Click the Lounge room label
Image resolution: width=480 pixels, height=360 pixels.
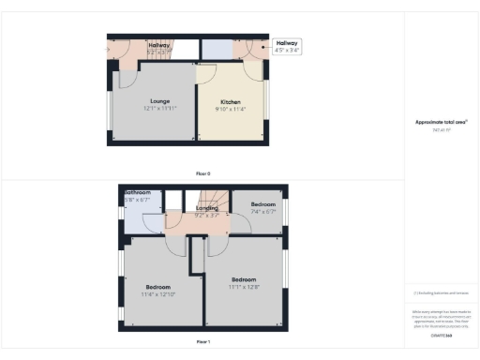[158, 100]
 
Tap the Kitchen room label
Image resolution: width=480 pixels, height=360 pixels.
[231, 101]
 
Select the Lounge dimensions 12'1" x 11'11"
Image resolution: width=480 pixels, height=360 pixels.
[158, 108]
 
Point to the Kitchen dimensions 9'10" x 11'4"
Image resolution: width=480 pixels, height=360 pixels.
[231, 109]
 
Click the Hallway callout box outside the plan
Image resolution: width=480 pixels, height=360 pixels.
[287, 47]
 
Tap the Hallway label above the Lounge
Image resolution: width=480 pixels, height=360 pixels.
[158, 45]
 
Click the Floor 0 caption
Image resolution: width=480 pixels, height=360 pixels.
[202, 173]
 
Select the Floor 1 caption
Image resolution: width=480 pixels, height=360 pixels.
[202, 343]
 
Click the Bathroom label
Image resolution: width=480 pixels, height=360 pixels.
[137, 193]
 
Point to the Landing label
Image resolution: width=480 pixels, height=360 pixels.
[194, 208]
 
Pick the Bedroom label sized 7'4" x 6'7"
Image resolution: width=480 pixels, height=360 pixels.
[263, 204]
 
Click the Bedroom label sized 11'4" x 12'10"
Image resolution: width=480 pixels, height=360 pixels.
[158, 287]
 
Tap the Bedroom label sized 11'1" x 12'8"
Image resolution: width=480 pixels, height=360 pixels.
[245, 279]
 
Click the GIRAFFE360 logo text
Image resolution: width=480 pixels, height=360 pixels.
[441, 335]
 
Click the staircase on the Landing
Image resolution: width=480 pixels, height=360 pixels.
[208, 199]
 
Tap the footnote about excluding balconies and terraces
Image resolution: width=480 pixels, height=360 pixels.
[441, 293]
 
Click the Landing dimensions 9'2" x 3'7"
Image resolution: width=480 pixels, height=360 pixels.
[194, 216]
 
